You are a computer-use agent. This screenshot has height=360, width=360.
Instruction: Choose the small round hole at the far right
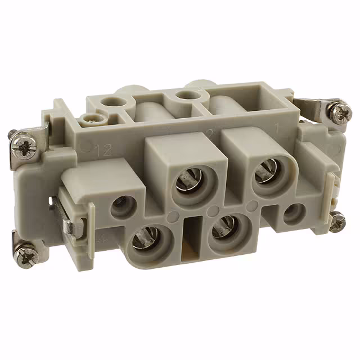tap(294, 213)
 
